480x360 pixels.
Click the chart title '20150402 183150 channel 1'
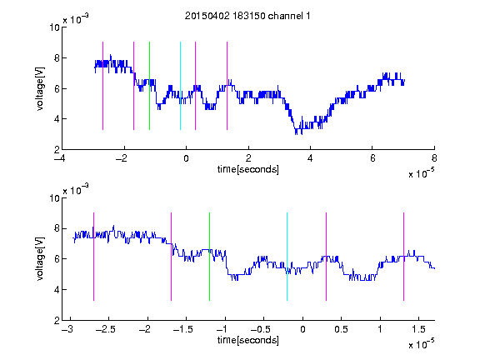[x=247, y=16]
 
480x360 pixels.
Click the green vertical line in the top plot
[x=149, y=86]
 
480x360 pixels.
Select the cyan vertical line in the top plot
[x=180, y=86]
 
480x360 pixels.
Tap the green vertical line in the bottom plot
[x=209, y=257]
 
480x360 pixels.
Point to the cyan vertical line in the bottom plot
[x=287, y=257]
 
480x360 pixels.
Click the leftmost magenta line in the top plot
[x=102, y=86]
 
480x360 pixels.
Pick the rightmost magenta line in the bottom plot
[x=403, y=257]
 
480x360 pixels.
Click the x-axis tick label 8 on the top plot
[x=434, y=158]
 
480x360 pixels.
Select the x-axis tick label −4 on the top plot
[x=60, y=158]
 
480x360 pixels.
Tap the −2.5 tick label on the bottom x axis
[x=105, y=329]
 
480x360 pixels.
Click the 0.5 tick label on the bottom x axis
[x=341, y=329]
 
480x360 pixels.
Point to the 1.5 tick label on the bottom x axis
[x=418, y=329]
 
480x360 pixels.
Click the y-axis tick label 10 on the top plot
[x=54, y=27]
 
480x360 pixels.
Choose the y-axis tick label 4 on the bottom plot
[x=57, y=290]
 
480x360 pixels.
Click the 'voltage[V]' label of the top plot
[x=40, y=88]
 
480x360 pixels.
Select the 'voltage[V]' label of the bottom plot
[x=40, y=258]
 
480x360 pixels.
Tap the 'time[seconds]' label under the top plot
[x=248, y=169]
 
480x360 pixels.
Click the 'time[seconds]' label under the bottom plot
[x=248, y=340]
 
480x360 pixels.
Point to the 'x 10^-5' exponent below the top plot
[x=421, y=173]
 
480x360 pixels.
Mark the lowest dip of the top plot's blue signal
[x=297, y=133]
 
